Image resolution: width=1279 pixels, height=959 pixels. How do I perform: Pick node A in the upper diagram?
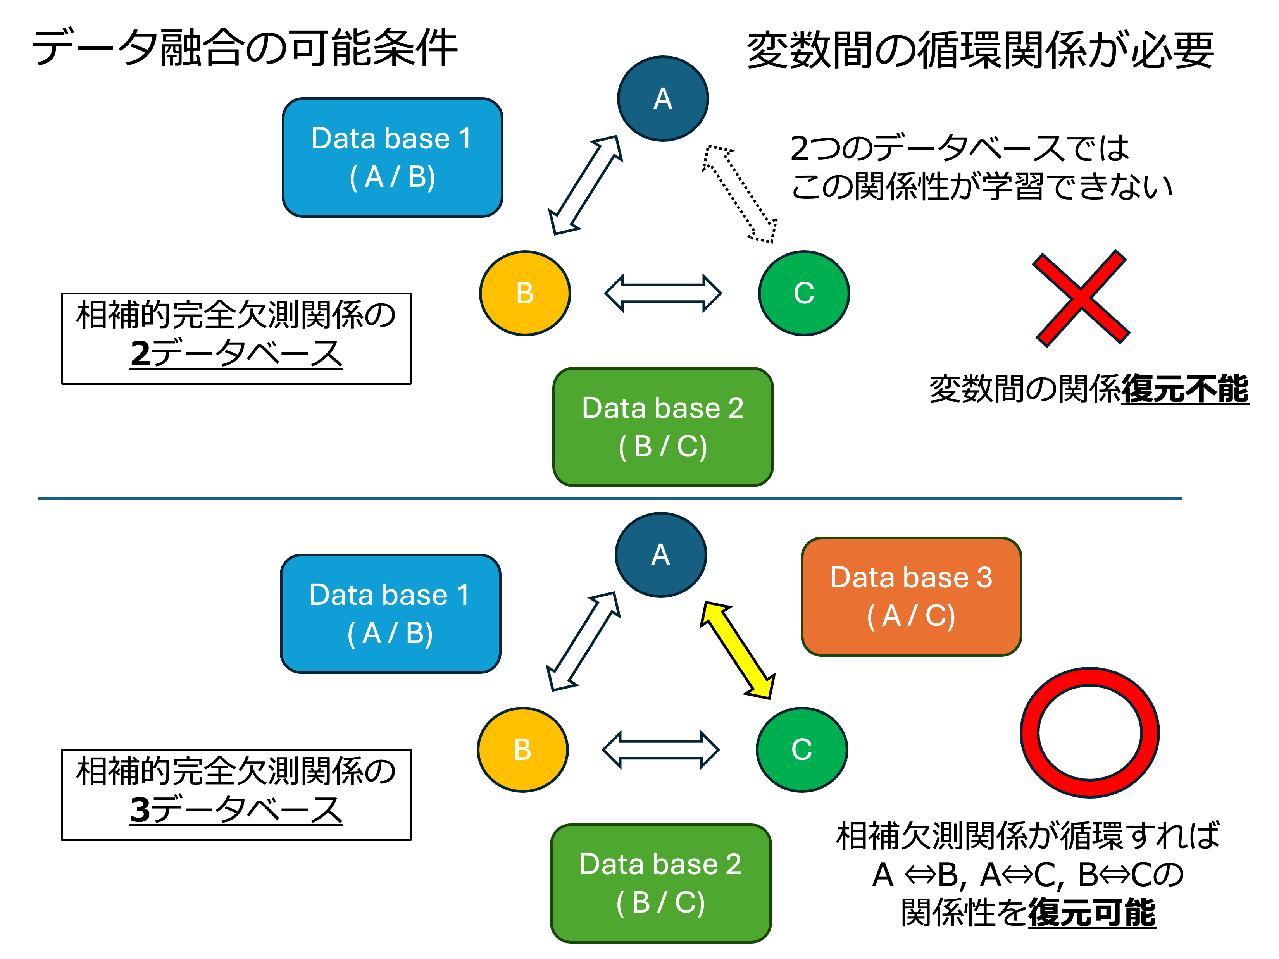[x=663, y=98]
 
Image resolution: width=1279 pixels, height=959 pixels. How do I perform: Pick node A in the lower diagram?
[x=660, y=554]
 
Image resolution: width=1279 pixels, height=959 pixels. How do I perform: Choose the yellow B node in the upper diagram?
[x=525, y=293]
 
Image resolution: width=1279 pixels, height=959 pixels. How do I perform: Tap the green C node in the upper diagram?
[x=804, y=293]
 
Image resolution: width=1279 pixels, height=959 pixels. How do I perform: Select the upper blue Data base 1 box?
[x=392, y=157]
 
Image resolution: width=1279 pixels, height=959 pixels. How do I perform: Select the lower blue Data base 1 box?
[x=390, y=613]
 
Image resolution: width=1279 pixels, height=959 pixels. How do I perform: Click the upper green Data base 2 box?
[x=663, y=427]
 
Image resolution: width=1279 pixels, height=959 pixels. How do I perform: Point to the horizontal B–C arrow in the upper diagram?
[x=663, y=293]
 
